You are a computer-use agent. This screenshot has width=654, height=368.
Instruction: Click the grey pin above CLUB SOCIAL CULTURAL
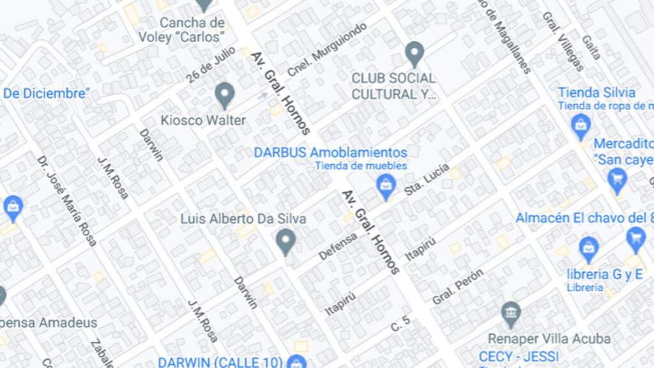[415, 54]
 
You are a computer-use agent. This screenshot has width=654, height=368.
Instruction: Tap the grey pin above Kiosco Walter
[224, 95]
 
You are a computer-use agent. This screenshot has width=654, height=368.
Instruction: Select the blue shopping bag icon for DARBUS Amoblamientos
[385, 187]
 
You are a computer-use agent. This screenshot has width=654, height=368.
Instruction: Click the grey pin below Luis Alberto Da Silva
[285, 241]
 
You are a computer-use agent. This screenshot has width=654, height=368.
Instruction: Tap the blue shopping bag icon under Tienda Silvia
[581, 126]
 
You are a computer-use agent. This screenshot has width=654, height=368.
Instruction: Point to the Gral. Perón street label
[457, 286]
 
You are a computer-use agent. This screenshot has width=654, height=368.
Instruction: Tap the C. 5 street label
[400, 325]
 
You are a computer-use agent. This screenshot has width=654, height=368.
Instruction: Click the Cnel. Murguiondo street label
[327, 49]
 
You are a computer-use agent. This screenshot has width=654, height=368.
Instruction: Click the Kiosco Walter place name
[203, 120]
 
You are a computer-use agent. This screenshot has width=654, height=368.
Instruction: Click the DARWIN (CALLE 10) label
[220, 362]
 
